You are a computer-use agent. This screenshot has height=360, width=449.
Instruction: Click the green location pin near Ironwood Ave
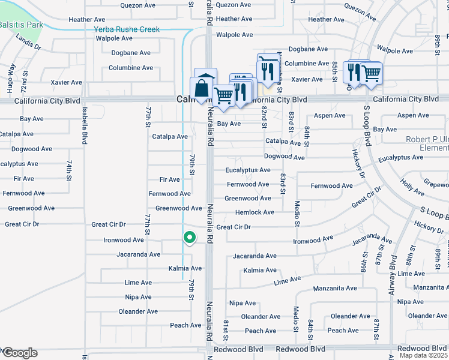click(x=189, y=238)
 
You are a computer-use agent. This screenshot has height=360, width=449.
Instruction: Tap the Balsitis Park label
click(x=22, y=25)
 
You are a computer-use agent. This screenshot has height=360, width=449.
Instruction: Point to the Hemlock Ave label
click(x=255, y=212)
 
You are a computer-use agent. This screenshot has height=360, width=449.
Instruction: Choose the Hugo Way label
click(x=11, y=79)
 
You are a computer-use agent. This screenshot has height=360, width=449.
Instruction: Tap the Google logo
click(x=20, y=353)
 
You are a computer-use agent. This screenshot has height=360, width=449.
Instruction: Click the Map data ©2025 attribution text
click(x=424, y=355)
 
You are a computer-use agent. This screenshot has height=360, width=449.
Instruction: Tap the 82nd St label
click(x=264, y=118)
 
